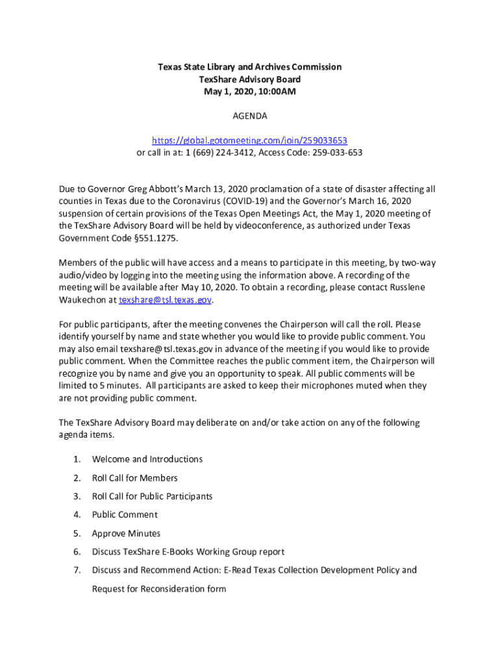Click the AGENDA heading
[x=250, y=116]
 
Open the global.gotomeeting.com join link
[x=250, y=140]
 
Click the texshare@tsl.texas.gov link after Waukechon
[x=165, y=300]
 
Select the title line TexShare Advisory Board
[x=250, y=79]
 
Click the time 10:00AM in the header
[x=276, y=92]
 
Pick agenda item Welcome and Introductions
[x=147, y=459]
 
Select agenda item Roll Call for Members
[x=134, y=478]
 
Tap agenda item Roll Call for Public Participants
[x=152, y=496]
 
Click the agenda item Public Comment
[x=125, y=514]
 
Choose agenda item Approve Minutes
[x=126, y=533]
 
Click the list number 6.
[x=77, y=552]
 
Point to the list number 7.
[x=77, y=570]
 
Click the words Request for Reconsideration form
[x=159, y=589]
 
